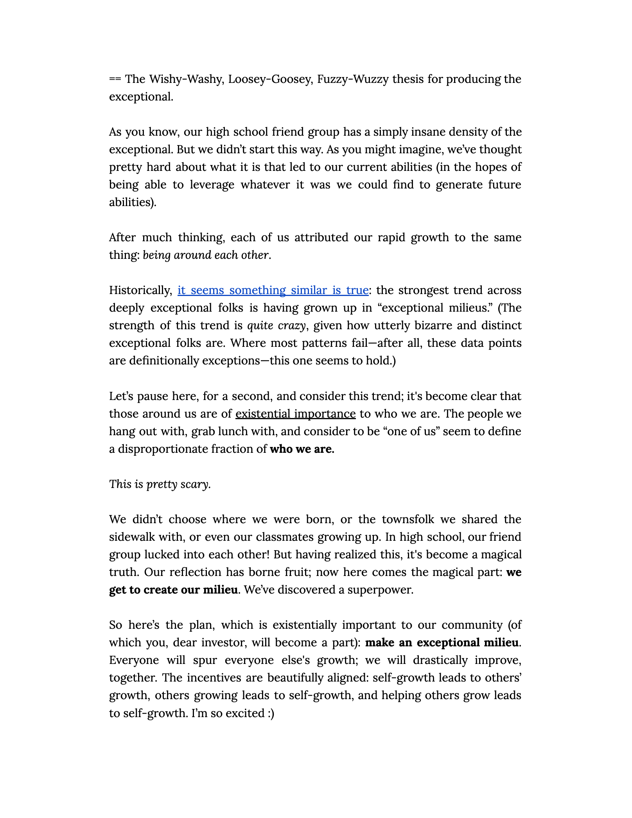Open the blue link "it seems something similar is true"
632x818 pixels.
(x=273, y=290)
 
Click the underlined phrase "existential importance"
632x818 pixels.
(x=295, y=414)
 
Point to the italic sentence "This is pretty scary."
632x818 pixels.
(x=160, y=484)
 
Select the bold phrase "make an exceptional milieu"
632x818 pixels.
(x=442, y=642)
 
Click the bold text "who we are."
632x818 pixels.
(x=302, y=449)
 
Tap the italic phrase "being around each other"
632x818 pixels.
(x=206, y=255)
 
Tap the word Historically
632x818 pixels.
(x=140, y=290)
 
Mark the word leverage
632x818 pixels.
(x=212, y=185)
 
